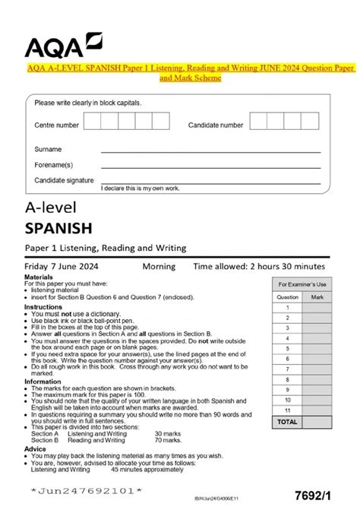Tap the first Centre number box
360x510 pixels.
[x=91, y=123]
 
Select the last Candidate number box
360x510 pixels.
[x=314, y=123]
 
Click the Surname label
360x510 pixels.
[x=49, y=149]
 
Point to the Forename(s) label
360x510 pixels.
[x=54, y=164]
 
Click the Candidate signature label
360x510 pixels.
[x=65, y=180]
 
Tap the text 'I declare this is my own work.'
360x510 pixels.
[x=140, y=187]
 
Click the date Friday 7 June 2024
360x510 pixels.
[x=66, y=267]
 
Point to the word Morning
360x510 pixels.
[x=159, y=267]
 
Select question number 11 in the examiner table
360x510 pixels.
[x=287, y=409]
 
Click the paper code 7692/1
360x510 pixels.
[x=320, y=493]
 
